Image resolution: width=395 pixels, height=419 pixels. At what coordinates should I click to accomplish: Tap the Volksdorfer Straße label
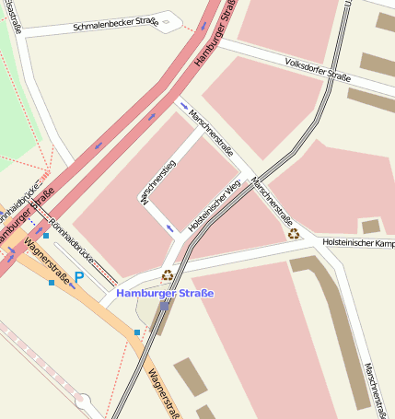tap(319, 72)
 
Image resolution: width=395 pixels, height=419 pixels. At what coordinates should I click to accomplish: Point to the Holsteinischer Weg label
tap(214, 205)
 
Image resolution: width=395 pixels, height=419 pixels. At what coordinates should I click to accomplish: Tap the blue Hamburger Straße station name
tap(165, 293)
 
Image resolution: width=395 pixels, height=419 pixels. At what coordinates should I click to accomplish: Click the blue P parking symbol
tap(79, 276)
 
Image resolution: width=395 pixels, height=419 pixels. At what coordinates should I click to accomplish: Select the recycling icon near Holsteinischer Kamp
tap(293, 234)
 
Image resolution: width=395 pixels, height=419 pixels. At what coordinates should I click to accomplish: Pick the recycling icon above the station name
tap(168, 274)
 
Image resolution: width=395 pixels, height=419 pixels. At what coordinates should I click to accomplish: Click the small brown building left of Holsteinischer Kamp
tap(370, 227)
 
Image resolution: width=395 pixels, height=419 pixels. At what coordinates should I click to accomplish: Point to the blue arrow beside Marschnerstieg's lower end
tap(168, 227)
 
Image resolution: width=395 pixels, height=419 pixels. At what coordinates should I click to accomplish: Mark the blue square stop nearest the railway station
tap(137, 332)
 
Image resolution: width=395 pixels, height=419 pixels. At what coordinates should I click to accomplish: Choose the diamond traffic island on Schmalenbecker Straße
tap(166, 19)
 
